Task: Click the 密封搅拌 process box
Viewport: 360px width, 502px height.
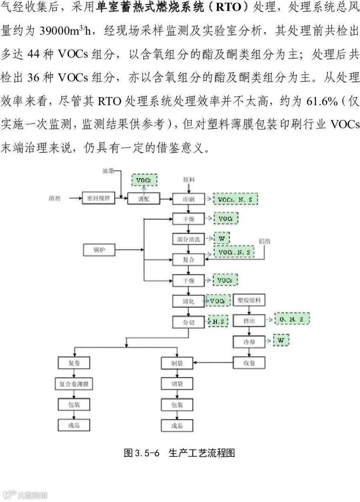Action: [98, 198]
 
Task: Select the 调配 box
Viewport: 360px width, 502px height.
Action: [143, 199]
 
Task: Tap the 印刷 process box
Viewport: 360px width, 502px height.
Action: [188, 199]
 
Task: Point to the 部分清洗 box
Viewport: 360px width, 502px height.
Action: [188, 239]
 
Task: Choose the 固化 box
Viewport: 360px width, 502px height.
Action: [188, 301]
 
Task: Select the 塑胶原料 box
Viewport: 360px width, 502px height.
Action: [249, 300]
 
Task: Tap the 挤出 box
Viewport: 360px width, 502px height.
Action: [249, 321]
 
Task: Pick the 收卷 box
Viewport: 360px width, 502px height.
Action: [249, 363]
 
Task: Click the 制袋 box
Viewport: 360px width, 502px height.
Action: [177, 363]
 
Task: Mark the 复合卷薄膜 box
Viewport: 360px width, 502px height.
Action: [74, 384]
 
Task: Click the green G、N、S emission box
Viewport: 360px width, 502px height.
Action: [292, 319]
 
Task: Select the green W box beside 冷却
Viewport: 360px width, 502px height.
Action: [280, 340]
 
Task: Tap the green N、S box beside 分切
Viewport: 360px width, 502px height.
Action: [218, 321]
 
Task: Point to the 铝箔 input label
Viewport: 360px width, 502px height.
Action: [264, 241]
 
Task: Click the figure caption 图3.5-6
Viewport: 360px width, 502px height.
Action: [142, 453]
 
